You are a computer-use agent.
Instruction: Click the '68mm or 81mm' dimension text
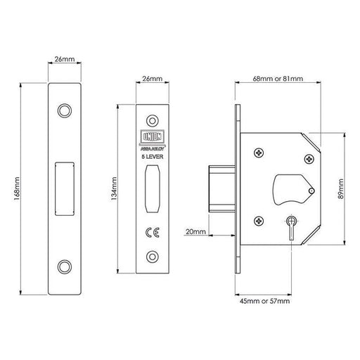[276, 79]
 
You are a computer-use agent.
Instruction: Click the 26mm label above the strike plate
[64, 62]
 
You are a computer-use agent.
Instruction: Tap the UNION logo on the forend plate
[152, 138]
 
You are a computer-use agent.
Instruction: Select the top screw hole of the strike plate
[64, 110]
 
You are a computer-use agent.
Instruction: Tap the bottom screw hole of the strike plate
[64, 266]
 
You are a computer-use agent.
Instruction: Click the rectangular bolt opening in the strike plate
[64, 188]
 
